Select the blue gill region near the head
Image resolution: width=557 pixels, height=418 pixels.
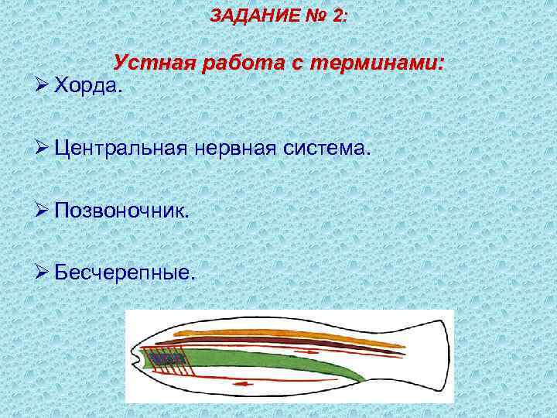coord(164,360)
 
